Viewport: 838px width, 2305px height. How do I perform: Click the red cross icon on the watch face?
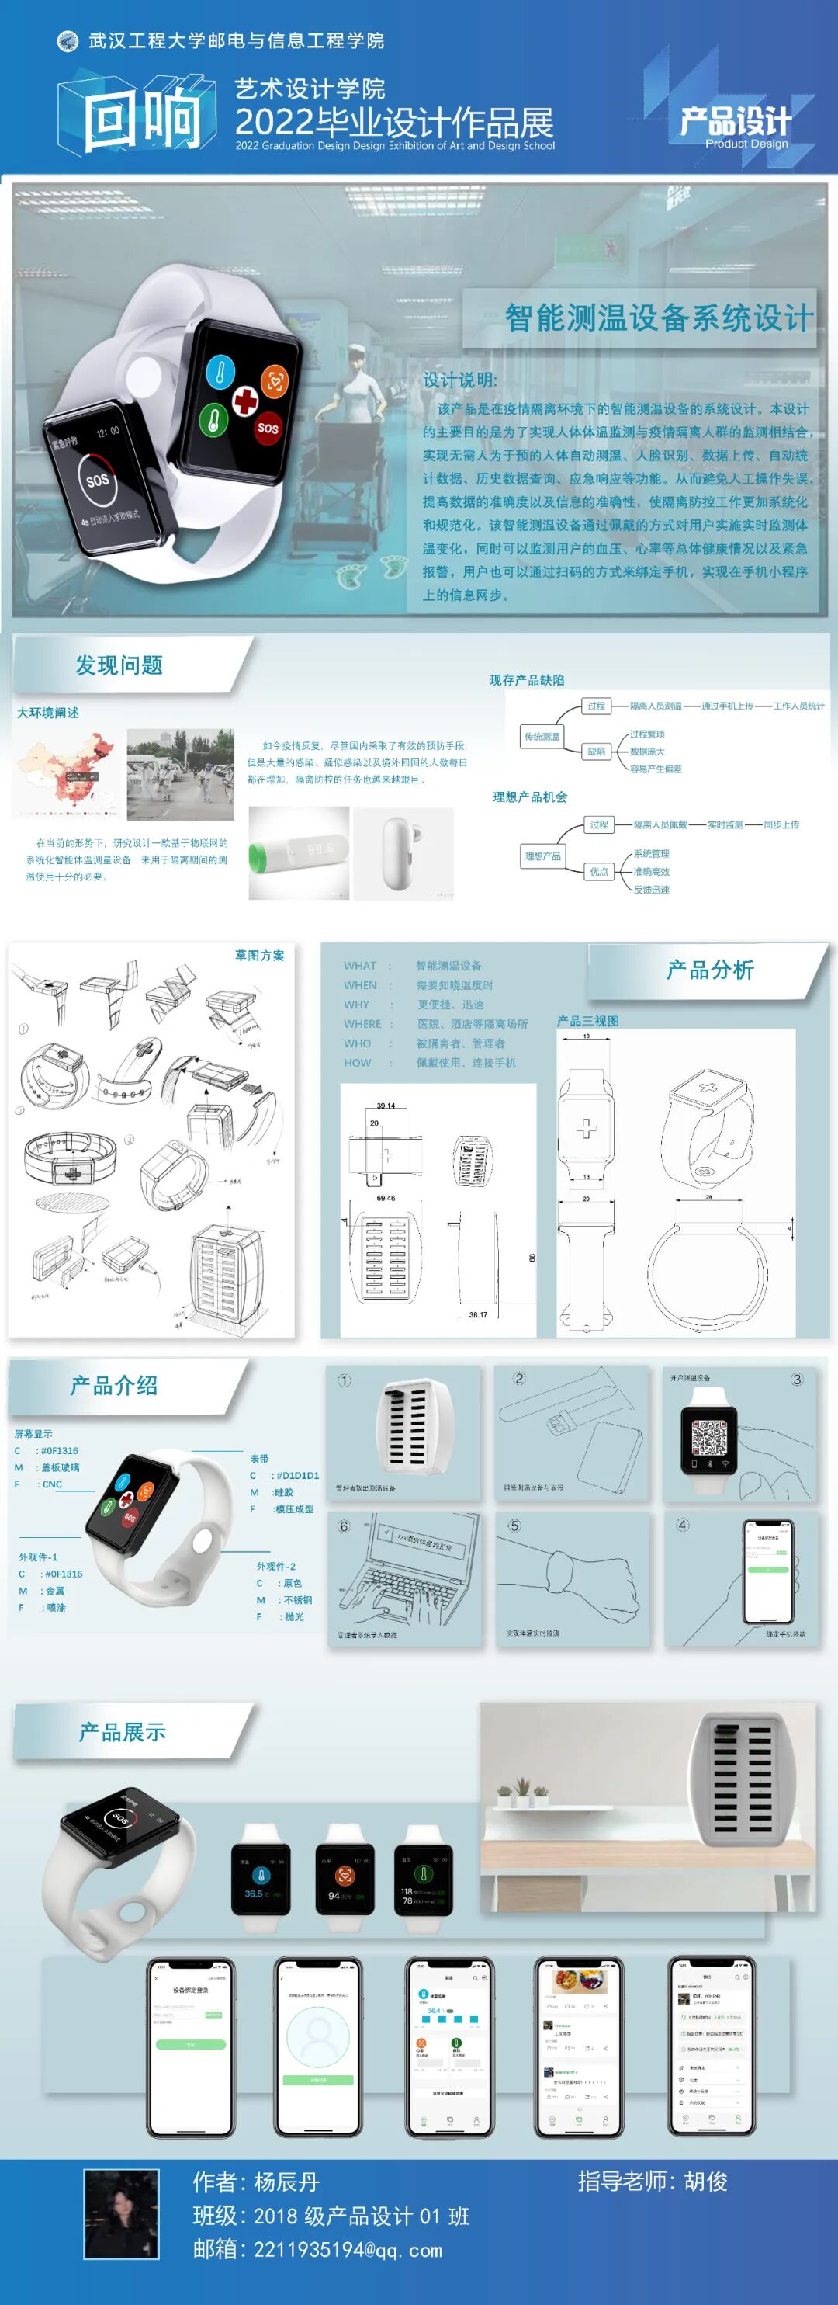click(244, 399)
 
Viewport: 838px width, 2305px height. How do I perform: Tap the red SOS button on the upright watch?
click(268, 427)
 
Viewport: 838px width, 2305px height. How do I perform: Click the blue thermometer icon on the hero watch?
click(220, 371)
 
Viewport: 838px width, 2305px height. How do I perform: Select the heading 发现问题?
click(119, 665)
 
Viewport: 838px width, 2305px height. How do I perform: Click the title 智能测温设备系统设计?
click(659, 318)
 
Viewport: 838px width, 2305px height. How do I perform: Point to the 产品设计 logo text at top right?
click(735, 122)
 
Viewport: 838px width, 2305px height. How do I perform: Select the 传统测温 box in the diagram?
click(541, 737)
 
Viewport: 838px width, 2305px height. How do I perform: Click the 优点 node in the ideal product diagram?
click(598, 870)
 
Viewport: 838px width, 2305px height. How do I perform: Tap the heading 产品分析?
click(710, 970)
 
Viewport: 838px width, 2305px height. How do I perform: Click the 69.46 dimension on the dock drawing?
click(386, 1197)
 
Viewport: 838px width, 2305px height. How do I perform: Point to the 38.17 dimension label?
click(479, 1314)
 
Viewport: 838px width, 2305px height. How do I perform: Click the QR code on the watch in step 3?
click(709, 1437)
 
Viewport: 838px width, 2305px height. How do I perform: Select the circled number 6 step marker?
click(344, 1526)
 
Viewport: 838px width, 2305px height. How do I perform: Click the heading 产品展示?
click(123, 1731)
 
